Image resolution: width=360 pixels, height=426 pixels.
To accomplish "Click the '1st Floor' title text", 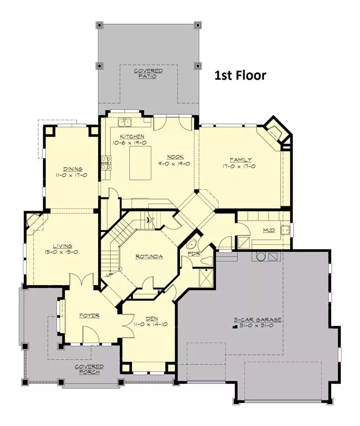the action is tap(240, 75).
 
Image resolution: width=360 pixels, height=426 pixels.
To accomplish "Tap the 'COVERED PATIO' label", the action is tap(148, 74).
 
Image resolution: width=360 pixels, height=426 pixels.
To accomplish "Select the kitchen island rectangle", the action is tap(140, 163).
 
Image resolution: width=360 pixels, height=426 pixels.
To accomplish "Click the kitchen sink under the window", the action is tap(124, 122).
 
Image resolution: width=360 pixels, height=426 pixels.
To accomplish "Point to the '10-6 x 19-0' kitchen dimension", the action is tap(130, 143).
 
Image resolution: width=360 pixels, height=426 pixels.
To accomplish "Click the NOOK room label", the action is tap(176, 157).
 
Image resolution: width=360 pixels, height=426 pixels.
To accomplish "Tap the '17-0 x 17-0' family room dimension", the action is tap(239, 166).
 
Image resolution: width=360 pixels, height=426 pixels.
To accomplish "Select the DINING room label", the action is tap(73, 169).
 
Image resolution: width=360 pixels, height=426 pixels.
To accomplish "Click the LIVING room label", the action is tap(62, 246).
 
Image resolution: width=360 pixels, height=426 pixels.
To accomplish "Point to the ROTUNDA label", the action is tap(149, 256).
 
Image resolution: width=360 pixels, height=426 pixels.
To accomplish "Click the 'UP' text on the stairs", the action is tap(110, 275).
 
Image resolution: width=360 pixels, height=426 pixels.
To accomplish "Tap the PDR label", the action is tap(194, 253).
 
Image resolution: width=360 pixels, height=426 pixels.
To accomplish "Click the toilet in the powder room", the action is tap(206, 260).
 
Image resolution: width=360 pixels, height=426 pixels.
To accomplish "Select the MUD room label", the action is tap(269, 230).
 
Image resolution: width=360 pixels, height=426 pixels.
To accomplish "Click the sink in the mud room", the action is tap(285, 230).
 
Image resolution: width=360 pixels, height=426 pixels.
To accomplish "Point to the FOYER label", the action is tap(89, 316).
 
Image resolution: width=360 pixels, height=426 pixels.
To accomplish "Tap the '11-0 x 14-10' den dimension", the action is tap(150, 324).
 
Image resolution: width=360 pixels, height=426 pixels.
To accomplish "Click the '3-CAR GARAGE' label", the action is tap(258, 320).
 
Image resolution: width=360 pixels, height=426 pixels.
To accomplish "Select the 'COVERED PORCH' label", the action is tap(89, 369).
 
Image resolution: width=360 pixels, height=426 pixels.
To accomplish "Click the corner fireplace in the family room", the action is tap(275, 131).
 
